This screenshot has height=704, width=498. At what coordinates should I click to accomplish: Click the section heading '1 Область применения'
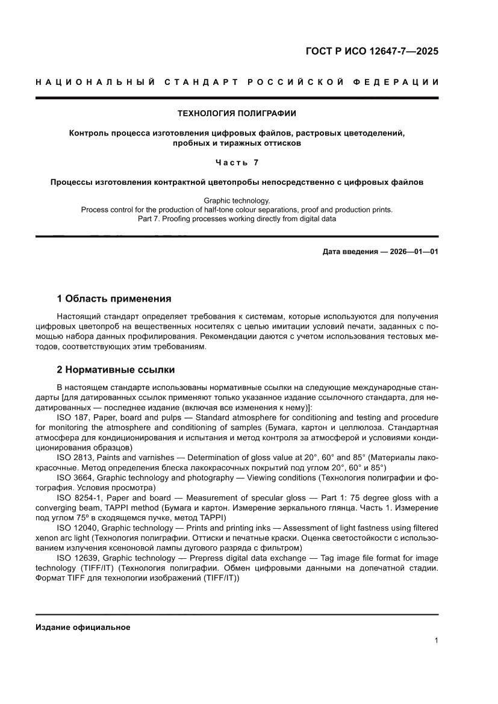(114, 299)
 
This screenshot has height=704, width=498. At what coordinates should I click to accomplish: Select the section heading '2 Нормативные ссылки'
(116, 370)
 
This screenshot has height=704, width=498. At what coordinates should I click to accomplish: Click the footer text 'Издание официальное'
(83, 627)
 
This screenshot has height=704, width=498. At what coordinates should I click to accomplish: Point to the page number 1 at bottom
(435, 641)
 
